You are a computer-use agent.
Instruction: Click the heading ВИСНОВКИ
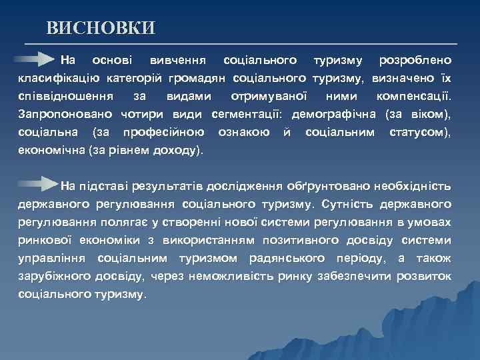click(101, 27)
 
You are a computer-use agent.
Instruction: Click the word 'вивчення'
click(177, 61)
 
